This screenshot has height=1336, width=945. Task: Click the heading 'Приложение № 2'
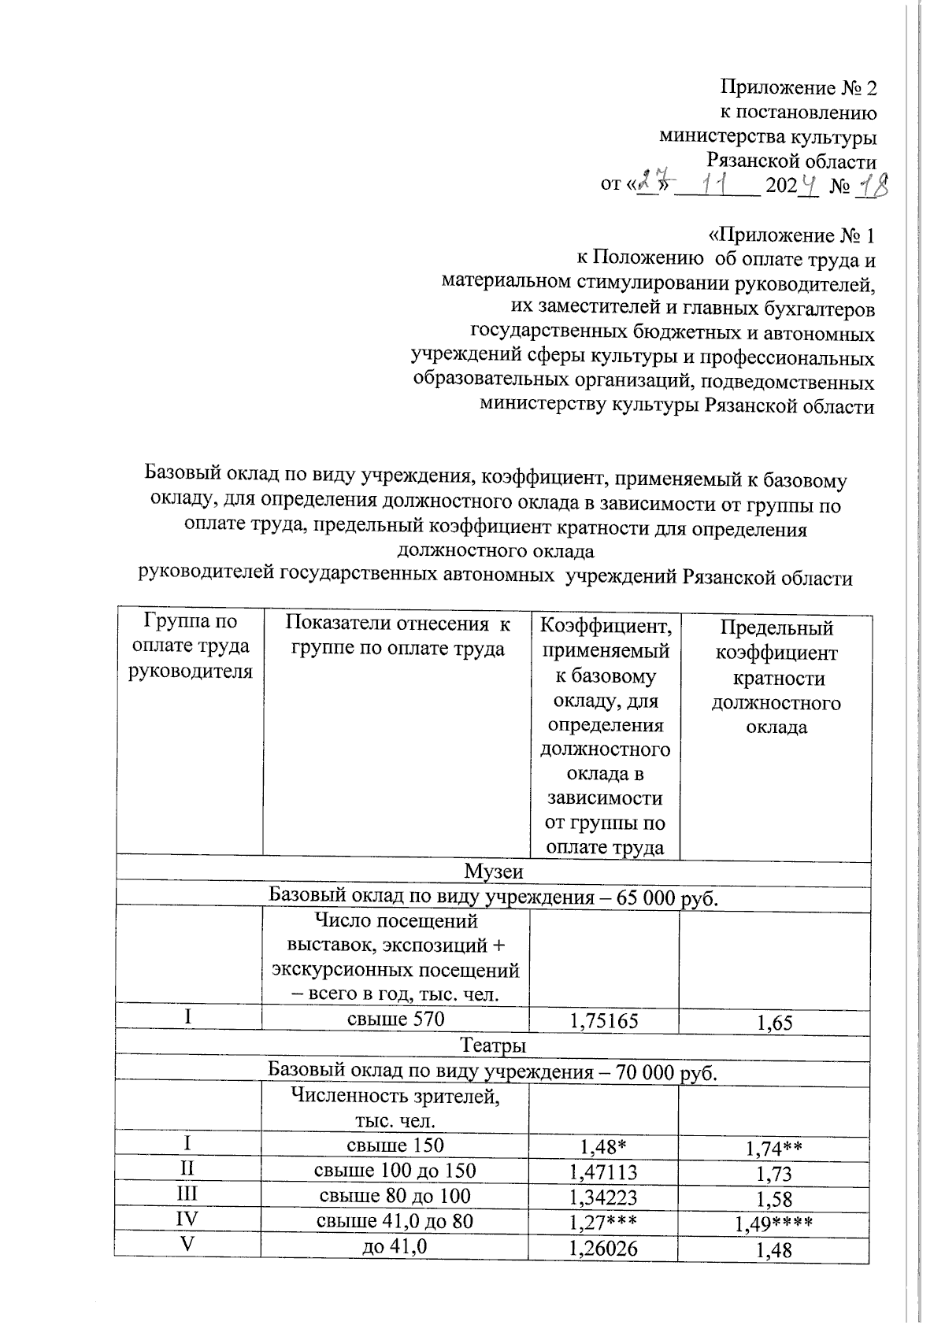[x=798, y=87]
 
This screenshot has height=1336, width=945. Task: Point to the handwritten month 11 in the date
[x=717, y=186]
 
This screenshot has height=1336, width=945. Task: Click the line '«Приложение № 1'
[x=791, y=235]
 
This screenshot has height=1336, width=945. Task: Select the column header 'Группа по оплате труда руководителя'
[x=190, y=646]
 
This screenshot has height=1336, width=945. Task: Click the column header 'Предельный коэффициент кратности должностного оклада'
[x=776, y=677]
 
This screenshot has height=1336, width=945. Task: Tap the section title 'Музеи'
[x=493, y=872]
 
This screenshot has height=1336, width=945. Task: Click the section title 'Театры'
[x=493, y=1046]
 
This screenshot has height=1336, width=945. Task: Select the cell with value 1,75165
[x=603, y=1021]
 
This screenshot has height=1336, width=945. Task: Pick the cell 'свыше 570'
[x=396, y=1020]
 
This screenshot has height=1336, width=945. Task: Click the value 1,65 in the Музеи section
[x=774, y=1023]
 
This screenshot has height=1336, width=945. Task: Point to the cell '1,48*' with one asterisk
[x=603, y=1146]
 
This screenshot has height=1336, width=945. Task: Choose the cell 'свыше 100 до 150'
[x=395, y=1171]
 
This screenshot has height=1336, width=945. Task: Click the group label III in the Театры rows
[x=187, y=1194]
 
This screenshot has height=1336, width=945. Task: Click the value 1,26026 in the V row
[x=603, y=1248]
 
